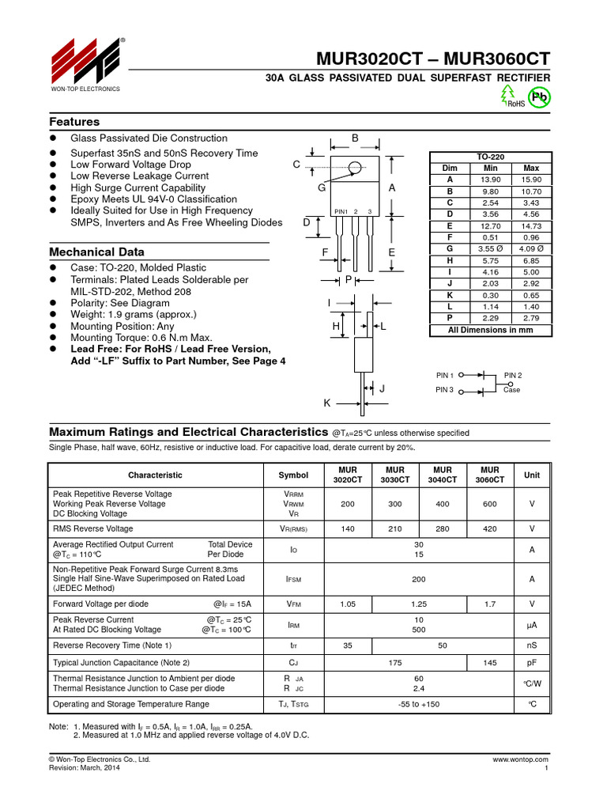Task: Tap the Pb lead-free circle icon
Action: coord(539,97)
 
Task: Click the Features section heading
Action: coord(74,122)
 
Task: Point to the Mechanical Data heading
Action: coord(96,252)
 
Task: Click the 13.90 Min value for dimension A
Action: coord(490,180)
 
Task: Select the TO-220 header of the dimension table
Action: coord(490,157)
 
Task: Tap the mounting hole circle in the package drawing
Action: coord(355,167)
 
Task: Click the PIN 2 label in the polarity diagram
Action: coord(513,375)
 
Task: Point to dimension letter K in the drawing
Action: coord(326,403)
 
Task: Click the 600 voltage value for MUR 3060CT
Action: coord(489,504)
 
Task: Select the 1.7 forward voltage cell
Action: coord(489,604)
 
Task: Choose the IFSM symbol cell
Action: coord(293,579)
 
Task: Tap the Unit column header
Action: coord(532,475)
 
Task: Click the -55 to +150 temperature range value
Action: coord(418,703)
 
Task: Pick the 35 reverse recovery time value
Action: coord(348,645)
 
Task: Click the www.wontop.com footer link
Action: coord(520,759)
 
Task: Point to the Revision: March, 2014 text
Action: coord(85,768)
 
